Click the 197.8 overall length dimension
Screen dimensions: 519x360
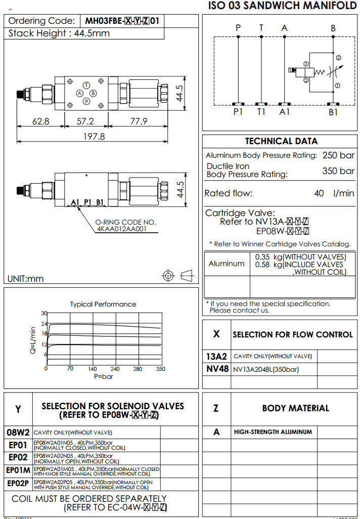pyautogui.click(x=95, y=137)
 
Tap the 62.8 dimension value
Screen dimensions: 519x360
pyautogui.click(x=40, y=121)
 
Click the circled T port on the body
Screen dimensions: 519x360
pyautogui.click(x=86, y=85)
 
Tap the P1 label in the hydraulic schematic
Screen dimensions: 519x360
pyautogui.click(x=238, y=112)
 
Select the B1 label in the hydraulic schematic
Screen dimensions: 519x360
pyautogui.click(x=333, y=112)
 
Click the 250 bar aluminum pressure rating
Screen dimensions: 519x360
pyautogui.click(x=338, y=155)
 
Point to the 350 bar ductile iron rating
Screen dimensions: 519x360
pyautogui.click(x=338, y=171)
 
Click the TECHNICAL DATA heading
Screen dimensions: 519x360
pyautogui.click(x=281, y=141)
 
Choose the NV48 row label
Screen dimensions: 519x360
pyautogui.click(x=217, y=369)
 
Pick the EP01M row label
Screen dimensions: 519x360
pyautogui.click(x=19, y=470)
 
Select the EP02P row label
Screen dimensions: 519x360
pyautogui.click(x=19, y=484)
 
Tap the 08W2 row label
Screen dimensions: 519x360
pyautogui.click(x=19, y=433)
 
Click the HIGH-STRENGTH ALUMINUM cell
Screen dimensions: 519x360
pyautogui.click(x=273, y=432)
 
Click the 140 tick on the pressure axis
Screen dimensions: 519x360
pyautogui.click(x=93, y=369)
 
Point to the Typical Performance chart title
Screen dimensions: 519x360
pyautogui.click(x=103, y=304)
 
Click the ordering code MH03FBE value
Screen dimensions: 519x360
pyautogui.click(x=124, y=21)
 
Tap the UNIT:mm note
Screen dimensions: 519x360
pyautogui.click(x=26, y=278)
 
